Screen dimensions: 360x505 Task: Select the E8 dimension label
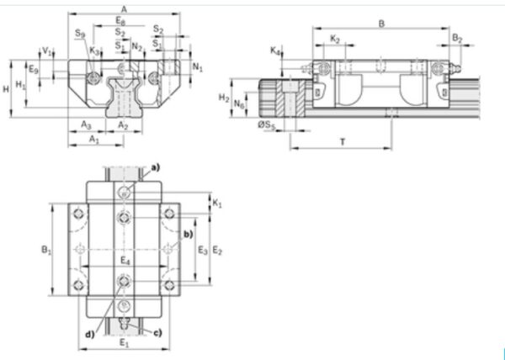click(123, 20)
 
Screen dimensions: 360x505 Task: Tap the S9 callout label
click(78, 33)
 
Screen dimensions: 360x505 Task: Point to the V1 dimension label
click(47, 50)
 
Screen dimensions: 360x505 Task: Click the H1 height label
click(21, 86)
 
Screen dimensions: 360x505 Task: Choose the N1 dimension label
click(197, 65)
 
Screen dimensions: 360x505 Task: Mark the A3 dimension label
click(86, 124)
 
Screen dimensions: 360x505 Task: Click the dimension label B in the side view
click(380, 24)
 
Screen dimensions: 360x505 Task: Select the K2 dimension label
click(334, 39)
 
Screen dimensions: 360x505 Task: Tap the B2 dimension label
click(456, 39)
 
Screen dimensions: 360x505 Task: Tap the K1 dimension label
click(217, 204)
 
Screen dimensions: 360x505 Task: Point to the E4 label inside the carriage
click(125, 262)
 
